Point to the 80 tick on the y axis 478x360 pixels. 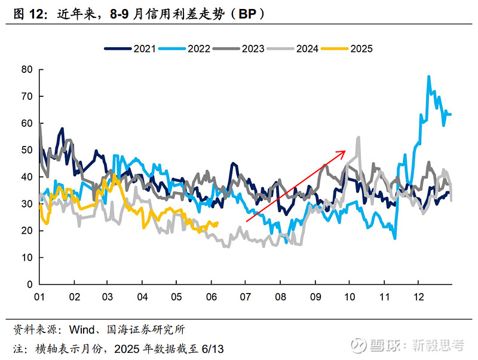point(26,69)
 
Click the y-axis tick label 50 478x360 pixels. point(26,150)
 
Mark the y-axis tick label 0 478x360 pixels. point(29,285)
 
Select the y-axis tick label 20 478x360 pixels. point(26,231)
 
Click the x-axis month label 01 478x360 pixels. point(39,296)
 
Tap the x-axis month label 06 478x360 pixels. point(211,296)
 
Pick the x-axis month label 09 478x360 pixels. point(314,296)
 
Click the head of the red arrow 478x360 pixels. point(345,152)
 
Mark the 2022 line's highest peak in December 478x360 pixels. point(428,77)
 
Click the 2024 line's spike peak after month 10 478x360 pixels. point(358,137)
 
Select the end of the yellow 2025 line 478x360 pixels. point(217,223)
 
